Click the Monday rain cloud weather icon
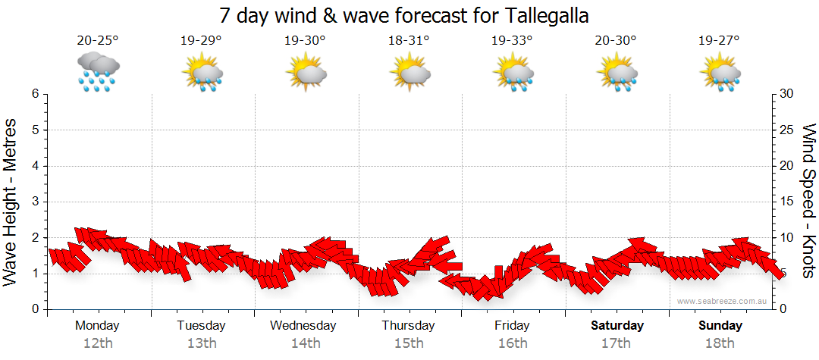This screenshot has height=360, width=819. click(x=98, y=72)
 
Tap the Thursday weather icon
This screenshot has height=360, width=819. click(x=410, y=73)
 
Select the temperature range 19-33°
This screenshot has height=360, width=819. click(x=512, y=41)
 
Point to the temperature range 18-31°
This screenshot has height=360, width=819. click(x=409, y=41)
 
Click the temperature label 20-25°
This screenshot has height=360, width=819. click(x=98, y=41)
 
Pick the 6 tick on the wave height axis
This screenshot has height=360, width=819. click(x=35, y=94)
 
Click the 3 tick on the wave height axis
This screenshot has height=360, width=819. click(x=35, y=202)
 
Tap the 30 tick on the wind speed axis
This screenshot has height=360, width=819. click(x=788, y=94)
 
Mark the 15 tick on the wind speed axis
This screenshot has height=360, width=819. click(x=788, y=202)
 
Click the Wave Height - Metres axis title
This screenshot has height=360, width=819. click(x=11, y=202)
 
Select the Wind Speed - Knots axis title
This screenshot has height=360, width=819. click(x=808, y=202)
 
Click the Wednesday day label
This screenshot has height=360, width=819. click(x=303, y=326)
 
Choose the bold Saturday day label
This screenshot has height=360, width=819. click(x=617, y=326)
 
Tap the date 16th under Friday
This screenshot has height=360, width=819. click(x=512, y=343)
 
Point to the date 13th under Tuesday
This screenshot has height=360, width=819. click(x=201, y=343)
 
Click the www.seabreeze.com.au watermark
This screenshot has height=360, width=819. click(x=723, y=301)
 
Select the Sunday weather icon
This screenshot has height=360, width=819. click(x=720, y=73)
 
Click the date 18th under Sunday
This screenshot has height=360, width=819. click(x=720, y=343)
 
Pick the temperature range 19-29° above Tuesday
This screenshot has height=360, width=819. click(x=201, y=41)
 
